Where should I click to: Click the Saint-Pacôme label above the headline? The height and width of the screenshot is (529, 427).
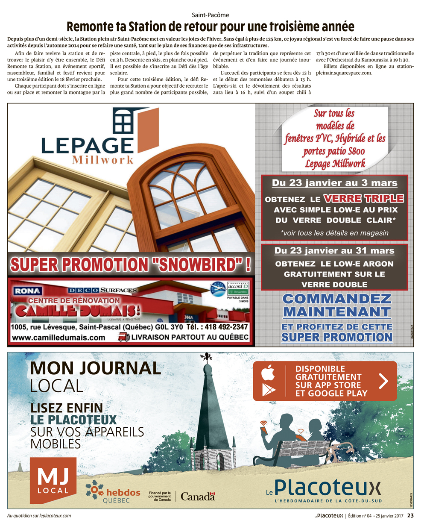point(210,15)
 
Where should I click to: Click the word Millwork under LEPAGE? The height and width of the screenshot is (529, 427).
point(102,160)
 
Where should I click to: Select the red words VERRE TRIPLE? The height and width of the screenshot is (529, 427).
point(363,198)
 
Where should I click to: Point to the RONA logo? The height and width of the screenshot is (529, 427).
point(28,291)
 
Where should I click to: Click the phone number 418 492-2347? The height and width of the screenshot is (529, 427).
point(217,327)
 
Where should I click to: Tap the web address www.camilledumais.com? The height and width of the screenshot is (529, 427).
point(58,338)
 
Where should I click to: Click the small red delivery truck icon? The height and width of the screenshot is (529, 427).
point(123,337)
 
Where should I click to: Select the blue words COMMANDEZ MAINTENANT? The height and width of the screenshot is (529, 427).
point(336,305)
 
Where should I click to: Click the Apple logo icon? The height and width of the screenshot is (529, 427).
point(268,373)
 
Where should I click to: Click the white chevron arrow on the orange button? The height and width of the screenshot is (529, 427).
point(383,381)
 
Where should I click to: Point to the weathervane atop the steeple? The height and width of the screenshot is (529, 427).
point(207,357)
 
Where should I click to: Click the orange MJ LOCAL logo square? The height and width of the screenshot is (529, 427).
point(53,480)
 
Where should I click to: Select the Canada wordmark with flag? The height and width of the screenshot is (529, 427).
point(198,496)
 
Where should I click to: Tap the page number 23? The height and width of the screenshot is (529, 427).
point(410,516)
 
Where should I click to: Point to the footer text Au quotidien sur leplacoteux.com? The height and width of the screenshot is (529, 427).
point(39,516)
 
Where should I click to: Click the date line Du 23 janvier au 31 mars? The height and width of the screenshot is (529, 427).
point(334,251)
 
